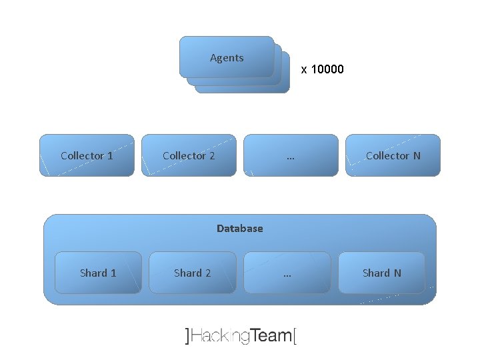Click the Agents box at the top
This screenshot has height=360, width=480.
pos(227,57)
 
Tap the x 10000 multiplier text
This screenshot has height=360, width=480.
pos(323,69)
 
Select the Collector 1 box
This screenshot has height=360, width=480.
pos(87,155)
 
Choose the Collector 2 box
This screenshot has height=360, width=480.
pos(189,155)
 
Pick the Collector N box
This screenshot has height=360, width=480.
pos(393,155)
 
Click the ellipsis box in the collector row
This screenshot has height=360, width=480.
pos(291,155)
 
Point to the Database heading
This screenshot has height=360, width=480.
pos(240,228)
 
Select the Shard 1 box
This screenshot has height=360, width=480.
pos(98,273)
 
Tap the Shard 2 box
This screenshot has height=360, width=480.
pos(192,273)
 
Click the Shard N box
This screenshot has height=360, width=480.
pos(381,273)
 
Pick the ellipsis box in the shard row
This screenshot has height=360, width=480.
pos(287,273)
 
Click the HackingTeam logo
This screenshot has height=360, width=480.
pos(241,335)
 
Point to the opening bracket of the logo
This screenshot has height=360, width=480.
pos(187,335)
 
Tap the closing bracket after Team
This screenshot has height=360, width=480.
pos(295,335)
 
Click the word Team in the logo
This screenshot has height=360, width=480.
pos(272,335)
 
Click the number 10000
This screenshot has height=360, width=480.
pos(327,69)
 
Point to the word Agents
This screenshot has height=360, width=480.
pos(227,57)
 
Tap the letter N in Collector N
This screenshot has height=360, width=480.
pos(417,155)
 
